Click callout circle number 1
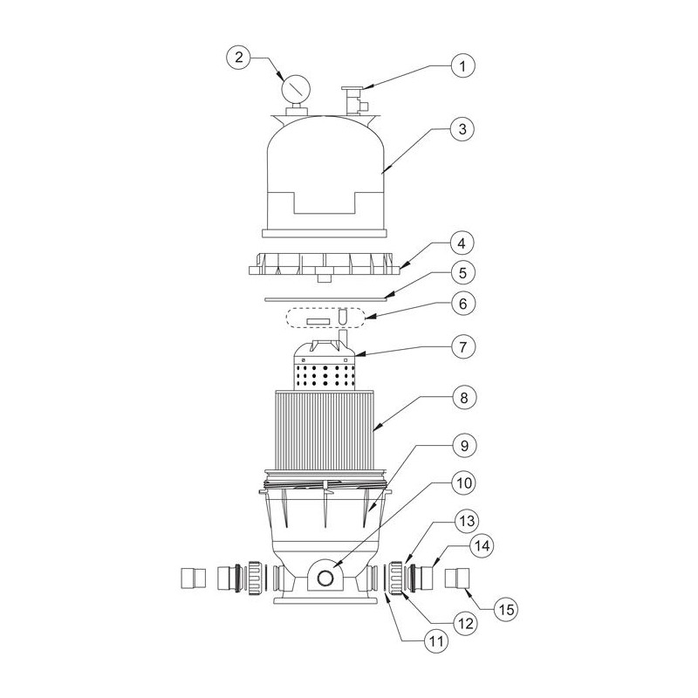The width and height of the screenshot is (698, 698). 462,66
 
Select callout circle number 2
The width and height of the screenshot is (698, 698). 239,58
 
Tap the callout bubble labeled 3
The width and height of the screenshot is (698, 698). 462,129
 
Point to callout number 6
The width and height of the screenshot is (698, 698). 463,304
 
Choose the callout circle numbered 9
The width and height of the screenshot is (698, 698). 464,446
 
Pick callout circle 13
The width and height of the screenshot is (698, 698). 467,520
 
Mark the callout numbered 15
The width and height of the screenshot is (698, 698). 507,609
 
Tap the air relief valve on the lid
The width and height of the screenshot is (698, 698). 355,99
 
